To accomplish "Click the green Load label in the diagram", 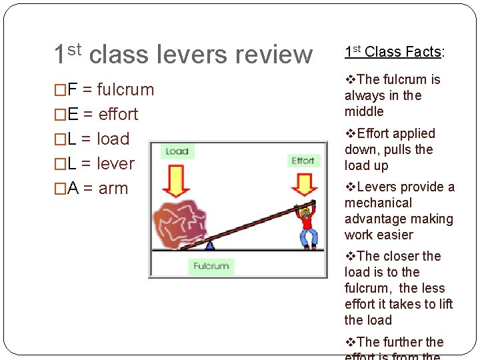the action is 177,151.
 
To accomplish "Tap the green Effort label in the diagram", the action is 303,161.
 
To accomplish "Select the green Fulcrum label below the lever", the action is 211,266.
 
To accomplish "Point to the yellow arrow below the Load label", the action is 177,181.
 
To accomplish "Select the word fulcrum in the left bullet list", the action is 125,89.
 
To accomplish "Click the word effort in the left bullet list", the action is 118,114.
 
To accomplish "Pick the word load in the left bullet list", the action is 113,139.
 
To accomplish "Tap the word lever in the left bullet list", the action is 115,163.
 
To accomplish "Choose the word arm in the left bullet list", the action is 113,188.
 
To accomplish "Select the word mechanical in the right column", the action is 378,203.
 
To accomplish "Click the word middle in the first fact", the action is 364,111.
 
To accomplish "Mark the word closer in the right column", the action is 400,256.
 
